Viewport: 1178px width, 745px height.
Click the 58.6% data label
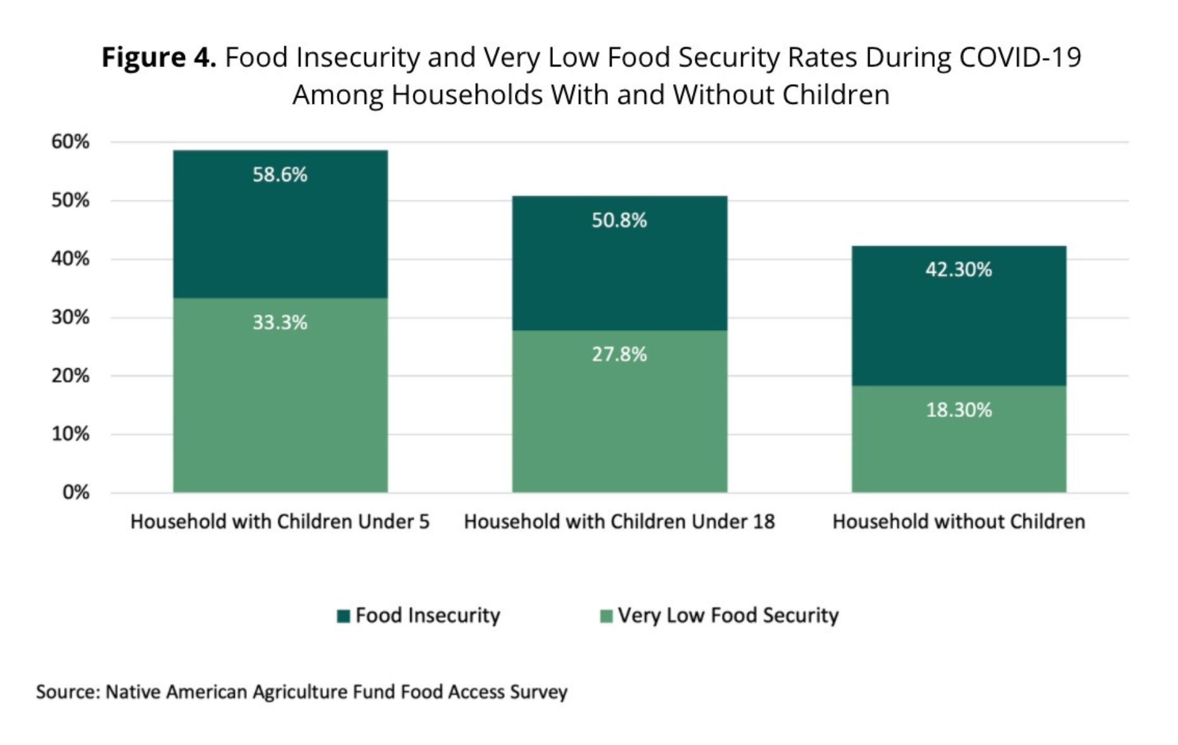click(x=280, y=175)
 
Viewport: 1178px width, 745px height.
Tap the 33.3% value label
click(x=280, y=322)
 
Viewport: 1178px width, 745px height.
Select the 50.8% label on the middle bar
click(x=619, y=220)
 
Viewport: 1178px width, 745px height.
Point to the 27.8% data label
click(x=619, y=354)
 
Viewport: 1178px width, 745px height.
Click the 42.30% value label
click(x=958, y=270)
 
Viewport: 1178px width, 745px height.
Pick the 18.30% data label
click(x=958, y=410)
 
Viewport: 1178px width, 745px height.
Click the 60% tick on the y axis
click(x=70, y=142)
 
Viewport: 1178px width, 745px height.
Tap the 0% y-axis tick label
click(x=75, y=493)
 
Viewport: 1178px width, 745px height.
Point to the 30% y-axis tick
click(x=70, y=317)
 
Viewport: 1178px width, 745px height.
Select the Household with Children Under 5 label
click(x=280, y=522)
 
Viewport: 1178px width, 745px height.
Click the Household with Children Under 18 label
click(x=619, y=522)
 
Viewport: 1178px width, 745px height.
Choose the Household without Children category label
click(x=958, y=522)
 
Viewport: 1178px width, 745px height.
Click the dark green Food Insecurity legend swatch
click(x=343, y=616)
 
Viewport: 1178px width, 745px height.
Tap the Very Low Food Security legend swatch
click(x=606, y=616)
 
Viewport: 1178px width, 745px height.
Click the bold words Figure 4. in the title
click(x=159, y=58)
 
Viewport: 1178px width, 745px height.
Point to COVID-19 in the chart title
click(x=1020, y=58)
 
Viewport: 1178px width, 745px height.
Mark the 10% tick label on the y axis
click(x=70, y=435)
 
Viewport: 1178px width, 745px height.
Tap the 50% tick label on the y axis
click(x=70, y=201)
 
